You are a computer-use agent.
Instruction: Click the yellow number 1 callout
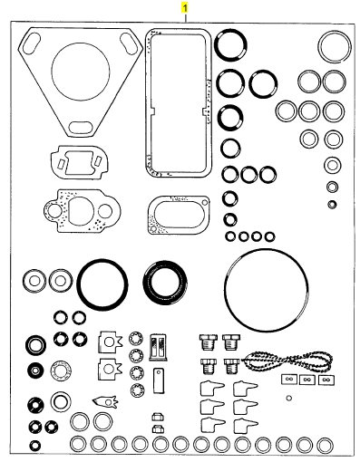[x=185, y=8]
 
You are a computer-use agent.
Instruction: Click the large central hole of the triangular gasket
[x=81, y=72]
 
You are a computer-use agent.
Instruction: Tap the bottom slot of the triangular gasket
[x=80, y=127]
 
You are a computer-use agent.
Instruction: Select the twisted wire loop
[x=287, y=360]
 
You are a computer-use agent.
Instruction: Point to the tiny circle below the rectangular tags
[x=289, y=398]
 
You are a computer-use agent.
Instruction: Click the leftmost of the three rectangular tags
[x=289, y=379]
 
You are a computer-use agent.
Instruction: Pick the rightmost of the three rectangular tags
[x=326, y=380]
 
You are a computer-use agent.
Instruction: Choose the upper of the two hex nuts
[x=158, y=417]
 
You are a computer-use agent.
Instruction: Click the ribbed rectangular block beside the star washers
[x=158, y=347]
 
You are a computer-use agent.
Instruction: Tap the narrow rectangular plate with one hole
[x=159, y=380]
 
